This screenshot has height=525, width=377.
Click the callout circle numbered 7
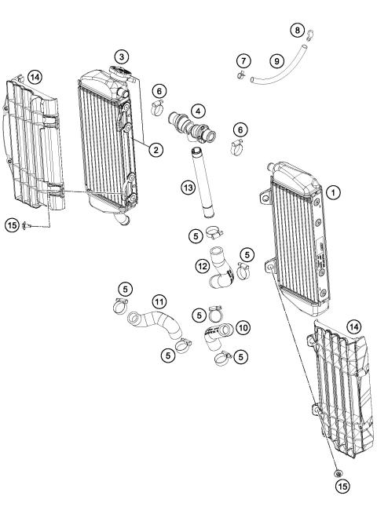point(243,61)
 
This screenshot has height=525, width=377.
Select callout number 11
point(159,301)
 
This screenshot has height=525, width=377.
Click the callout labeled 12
point(202,267)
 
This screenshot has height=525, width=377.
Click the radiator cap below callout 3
point(121,73)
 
